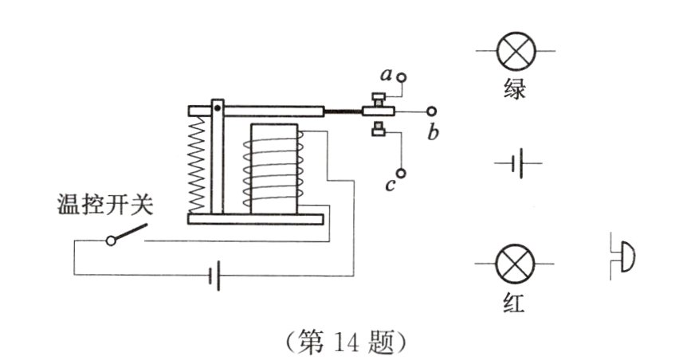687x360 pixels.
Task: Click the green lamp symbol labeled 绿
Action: [516, 51]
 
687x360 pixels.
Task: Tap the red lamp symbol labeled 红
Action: [515, 264]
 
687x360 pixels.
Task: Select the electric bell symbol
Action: [623, 256]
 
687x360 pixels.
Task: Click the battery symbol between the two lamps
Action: [517, 163]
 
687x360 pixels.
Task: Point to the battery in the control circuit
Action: [214, 276]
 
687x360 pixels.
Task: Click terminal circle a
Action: [401, 78]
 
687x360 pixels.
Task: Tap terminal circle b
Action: [431, 112]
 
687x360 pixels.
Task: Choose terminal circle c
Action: [401, 174]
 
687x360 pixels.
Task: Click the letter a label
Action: [386, 76]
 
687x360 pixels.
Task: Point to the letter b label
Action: [433, 132]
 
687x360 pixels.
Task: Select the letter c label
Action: [390, 186]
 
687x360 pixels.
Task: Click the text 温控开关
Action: [105, 205]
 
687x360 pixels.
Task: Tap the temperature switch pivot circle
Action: [112, 241]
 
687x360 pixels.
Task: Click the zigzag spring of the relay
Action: [196, 165]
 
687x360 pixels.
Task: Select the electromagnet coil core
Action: [274, 169]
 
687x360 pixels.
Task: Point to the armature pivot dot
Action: [218, 108]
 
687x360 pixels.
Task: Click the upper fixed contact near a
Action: [378, 99]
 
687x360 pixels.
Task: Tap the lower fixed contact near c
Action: [378, 128]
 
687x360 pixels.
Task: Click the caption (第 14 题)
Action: [346, 342]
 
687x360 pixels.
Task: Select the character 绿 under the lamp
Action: [515, 89]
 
